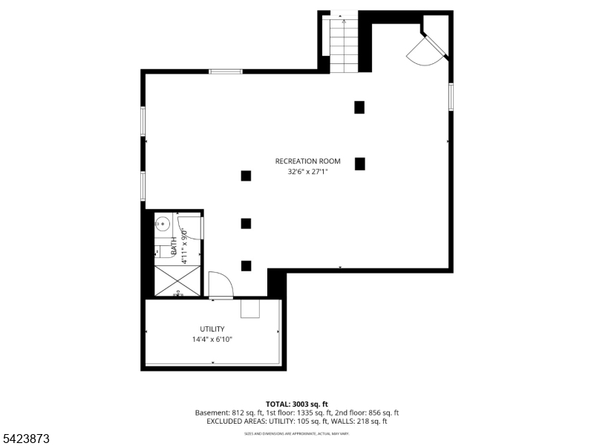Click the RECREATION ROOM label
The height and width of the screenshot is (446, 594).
pyautogui.click(x=307, y=161)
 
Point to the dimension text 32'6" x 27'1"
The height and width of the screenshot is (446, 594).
pyautogui.click(x=307, y=172)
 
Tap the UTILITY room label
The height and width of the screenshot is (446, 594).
pyautogui.click(x=212, y=329)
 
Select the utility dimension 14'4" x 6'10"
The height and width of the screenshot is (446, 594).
pyautogui.click(x=212, y=340)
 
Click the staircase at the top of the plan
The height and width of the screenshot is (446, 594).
pyautogui.click(x=344, y=45)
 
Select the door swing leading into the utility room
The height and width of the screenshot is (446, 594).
pyautogui.click(x=221, y=285)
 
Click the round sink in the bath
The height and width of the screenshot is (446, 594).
pyautogui.click(x=163, y=222)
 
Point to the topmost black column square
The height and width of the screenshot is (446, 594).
pyautogui.click(x=359, y=107)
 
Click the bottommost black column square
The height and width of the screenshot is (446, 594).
pyautogui.click(x=246, y=265)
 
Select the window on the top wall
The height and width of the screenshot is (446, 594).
pyautogui.click(x=225, y=71)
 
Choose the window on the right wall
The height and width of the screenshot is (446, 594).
pyautogui.click(x=450, y=97)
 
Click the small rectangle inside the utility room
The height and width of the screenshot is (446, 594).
pyautogui.click(x=250, y=308)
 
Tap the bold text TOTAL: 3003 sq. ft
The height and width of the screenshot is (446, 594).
pyautogui.click(x=296, y=404)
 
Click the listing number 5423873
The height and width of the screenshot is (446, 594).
pyautogui.click(x=25, y=439)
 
